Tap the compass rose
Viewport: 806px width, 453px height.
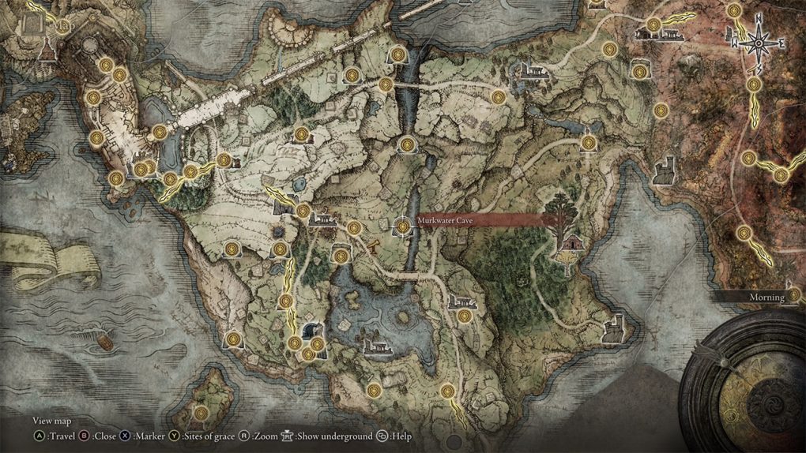tap(756, 43)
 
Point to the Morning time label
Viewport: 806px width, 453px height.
tap(766, 298)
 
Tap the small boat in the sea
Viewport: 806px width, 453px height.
tap(103, 341)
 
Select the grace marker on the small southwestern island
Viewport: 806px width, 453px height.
tap(202, 411)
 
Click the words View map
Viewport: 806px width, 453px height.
tap(53, 421)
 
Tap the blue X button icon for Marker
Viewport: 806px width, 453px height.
tap(126, 435)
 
